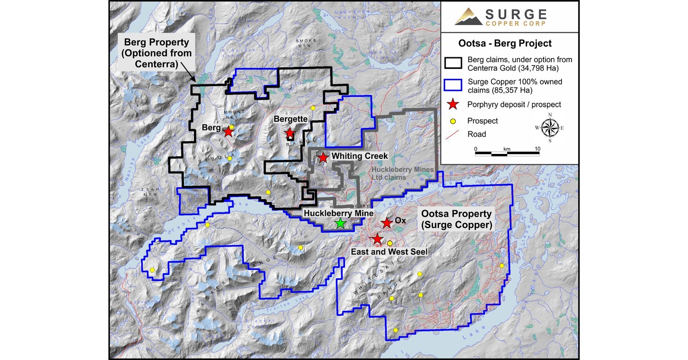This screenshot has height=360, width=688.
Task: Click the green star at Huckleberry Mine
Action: pos(340,223)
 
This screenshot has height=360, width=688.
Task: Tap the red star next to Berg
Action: pos(228,132)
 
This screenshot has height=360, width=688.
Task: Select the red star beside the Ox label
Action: pos(386,223)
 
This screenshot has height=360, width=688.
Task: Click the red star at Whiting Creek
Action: pos(323,157)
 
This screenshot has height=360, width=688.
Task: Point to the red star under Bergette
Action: pos(290,133)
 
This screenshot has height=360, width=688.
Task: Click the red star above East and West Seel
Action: pos(377,239)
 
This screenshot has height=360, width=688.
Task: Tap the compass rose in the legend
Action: pos(549,127)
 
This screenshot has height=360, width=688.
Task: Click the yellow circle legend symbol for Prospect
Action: pos(453,120)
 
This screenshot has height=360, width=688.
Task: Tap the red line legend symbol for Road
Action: pos(453,134)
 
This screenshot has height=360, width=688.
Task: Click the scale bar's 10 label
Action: pos(537,148)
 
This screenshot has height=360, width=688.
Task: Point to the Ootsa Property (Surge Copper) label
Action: pos(456,219)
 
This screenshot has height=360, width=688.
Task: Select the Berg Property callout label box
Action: pos(158,52)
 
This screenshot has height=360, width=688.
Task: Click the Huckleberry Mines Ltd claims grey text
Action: pos(403,174)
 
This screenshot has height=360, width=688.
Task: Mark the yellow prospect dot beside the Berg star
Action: pos(231,128)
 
